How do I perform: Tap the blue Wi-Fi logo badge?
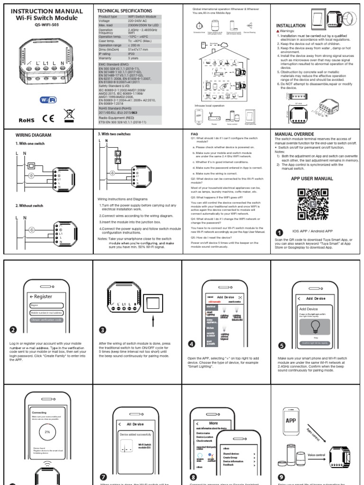48,100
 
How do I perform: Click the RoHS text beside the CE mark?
24,120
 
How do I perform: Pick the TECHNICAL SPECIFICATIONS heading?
125,10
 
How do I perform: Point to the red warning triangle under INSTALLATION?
277,31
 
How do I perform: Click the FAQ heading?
194,134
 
